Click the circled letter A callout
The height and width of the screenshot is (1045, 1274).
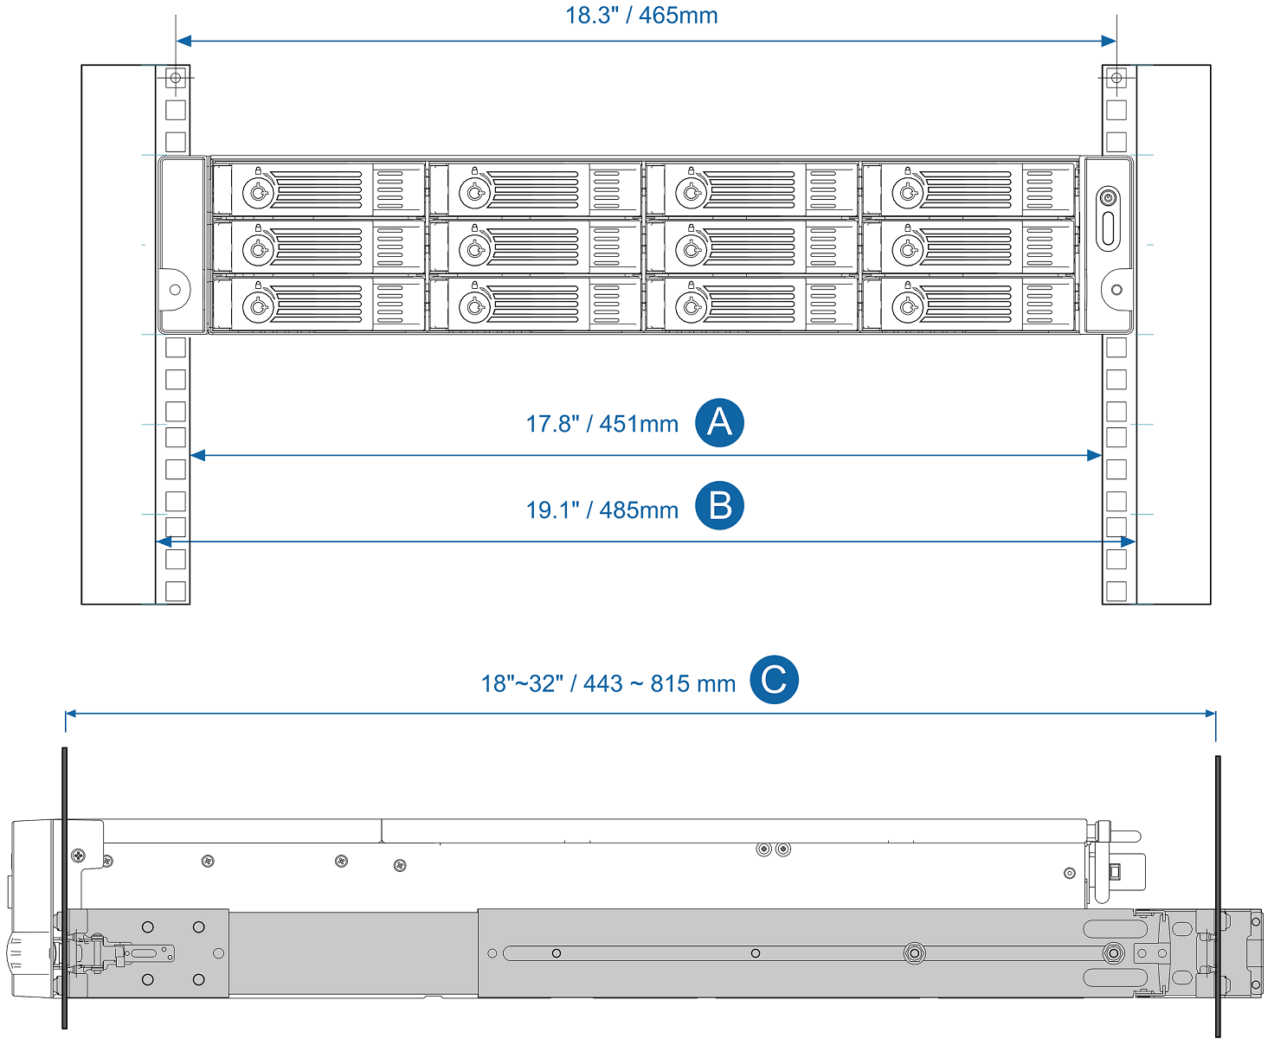719,423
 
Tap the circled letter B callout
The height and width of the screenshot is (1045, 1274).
719,506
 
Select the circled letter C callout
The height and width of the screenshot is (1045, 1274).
774,680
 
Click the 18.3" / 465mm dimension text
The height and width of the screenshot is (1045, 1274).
641,16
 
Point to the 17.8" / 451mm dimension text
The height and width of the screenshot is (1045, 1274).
602,424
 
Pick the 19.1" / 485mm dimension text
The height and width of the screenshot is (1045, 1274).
602,510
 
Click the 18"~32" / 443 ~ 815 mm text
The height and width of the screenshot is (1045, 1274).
608,684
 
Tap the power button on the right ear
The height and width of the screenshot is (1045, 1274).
1108,198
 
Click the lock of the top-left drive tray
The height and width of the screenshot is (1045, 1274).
258,191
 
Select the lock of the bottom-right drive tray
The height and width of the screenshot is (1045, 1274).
907,306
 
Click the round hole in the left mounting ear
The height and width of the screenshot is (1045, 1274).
176,290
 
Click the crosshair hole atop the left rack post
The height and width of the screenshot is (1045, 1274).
176,78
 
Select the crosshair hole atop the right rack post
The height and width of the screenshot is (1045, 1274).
1116,78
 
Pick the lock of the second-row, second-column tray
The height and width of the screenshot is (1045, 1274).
474,250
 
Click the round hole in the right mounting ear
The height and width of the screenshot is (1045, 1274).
1116,290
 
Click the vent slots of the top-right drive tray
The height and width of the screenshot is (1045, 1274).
1039,189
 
